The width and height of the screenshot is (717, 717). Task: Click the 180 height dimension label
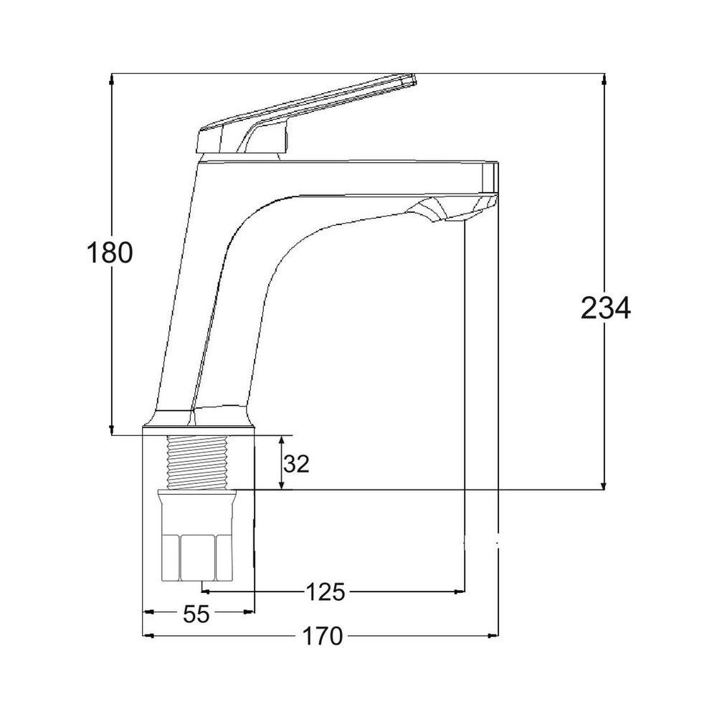110,253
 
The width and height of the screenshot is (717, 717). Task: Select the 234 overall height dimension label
605,309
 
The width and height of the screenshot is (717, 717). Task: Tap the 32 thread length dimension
295,464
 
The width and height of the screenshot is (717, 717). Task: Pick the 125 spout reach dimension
326,592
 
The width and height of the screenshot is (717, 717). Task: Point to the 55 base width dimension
196,614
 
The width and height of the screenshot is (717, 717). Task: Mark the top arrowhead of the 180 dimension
111,79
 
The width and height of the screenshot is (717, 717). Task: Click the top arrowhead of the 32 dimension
281,440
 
